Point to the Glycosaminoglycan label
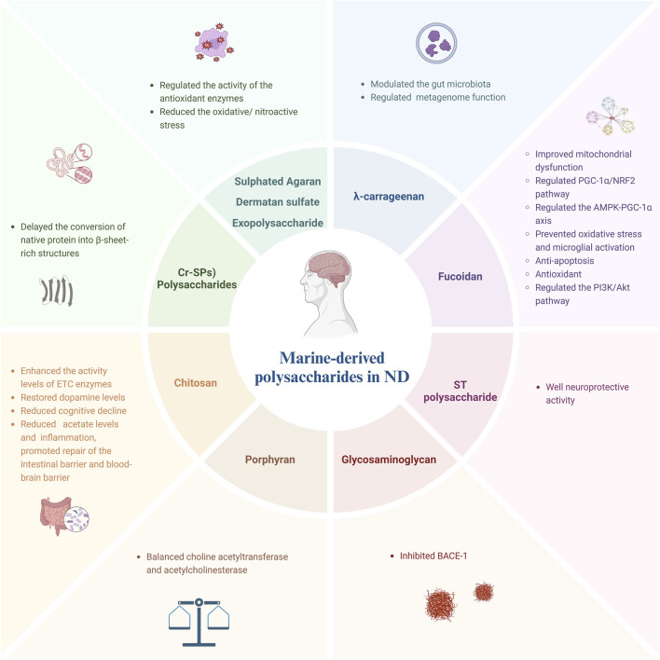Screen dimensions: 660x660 coord(381,458)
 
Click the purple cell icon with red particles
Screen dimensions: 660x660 coord(228,45)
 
